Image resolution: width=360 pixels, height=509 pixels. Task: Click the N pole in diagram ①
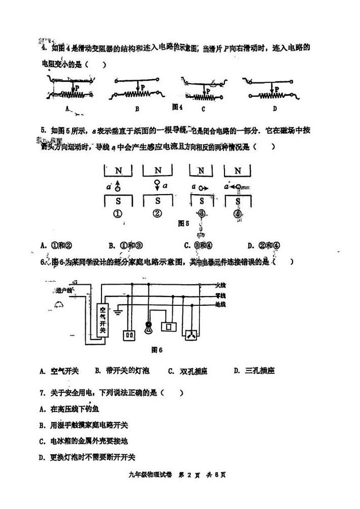click(118, 171)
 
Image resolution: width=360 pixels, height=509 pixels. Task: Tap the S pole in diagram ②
click(158, 200)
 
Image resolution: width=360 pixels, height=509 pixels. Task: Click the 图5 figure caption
click(184, 223)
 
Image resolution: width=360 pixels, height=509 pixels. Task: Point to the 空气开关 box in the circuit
click(102, 320)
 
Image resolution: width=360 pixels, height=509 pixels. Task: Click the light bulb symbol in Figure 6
click(148, 328)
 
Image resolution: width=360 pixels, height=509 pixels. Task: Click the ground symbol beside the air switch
click(117, 313)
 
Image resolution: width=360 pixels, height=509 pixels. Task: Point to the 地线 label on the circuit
click(220, 304)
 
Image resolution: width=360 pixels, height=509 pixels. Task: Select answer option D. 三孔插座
click(254, 371)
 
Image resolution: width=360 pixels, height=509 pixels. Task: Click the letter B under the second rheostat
click(136, 108)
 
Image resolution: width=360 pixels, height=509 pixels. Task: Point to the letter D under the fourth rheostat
click(275, 108)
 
